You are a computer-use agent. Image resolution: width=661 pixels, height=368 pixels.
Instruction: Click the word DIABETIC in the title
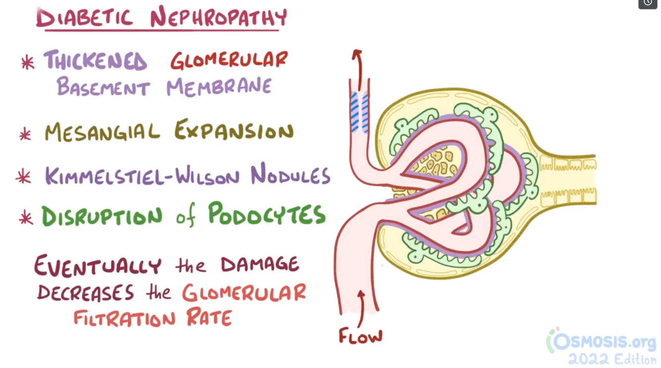tap(84, 18)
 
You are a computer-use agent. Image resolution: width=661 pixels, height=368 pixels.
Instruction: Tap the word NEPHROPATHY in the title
tap(219, 17)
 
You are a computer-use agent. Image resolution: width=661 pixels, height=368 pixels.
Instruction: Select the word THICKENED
tap(96, 61)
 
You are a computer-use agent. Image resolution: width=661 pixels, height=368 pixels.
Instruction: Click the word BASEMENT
tap(103, 87)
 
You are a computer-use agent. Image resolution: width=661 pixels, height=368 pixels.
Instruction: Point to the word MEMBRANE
tap(219, 87)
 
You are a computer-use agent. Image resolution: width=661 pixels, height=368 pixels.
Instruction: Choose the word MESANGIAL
tap(103, 132)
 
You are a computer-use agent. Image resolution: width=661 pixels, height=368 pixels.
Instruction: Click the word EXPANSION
tap(234, 131)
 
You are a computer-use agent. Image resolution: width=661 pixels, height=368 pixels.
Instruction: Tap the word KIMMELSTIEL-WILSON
tap(143, 175)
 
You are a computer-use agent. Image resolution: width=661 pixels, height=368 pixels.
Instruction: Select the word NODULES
tap(290, 175)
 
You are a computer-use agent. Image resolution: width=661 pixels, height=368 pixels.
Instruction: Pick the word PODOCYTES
tap(266, 214)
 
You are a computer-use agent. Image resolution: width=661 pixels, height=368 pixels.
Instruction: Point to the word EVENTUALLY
tap(98, 265)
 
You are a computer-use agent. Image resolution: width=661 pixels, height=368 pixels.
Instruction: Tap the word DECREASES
tap(86, 292)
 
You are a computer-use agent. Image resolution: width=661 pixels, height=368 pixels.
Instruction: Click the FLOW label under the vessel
tap(360, 337)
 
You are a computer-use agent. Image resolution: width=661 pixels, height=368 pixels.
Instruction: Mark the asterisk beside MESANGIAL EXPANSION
tap(25, 134)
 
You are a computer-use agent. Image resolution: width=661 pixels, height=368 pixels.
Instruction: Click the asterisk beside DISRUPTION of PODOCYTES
tap(26, 218)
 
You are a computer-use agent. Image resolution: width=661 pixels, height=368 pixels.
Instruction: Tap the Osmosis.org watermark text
tap(604, 342)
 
